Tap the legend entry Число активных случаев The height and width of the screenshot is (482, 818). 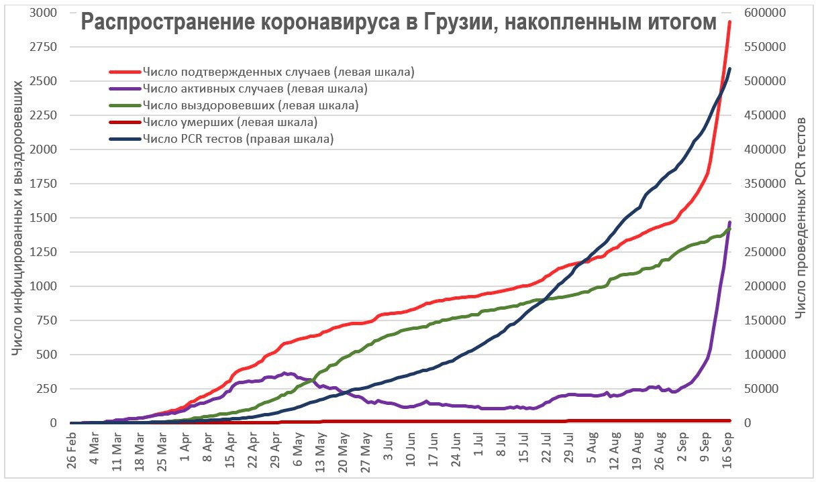254,88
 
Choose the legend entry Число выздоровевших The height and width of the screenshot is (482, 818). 250,105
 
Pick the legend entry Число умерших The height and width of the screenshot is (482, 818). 229,122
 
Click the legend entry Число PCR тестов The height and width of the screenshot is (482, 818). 238,139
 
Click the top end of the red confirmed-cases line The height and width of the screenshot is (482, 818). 730,21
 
